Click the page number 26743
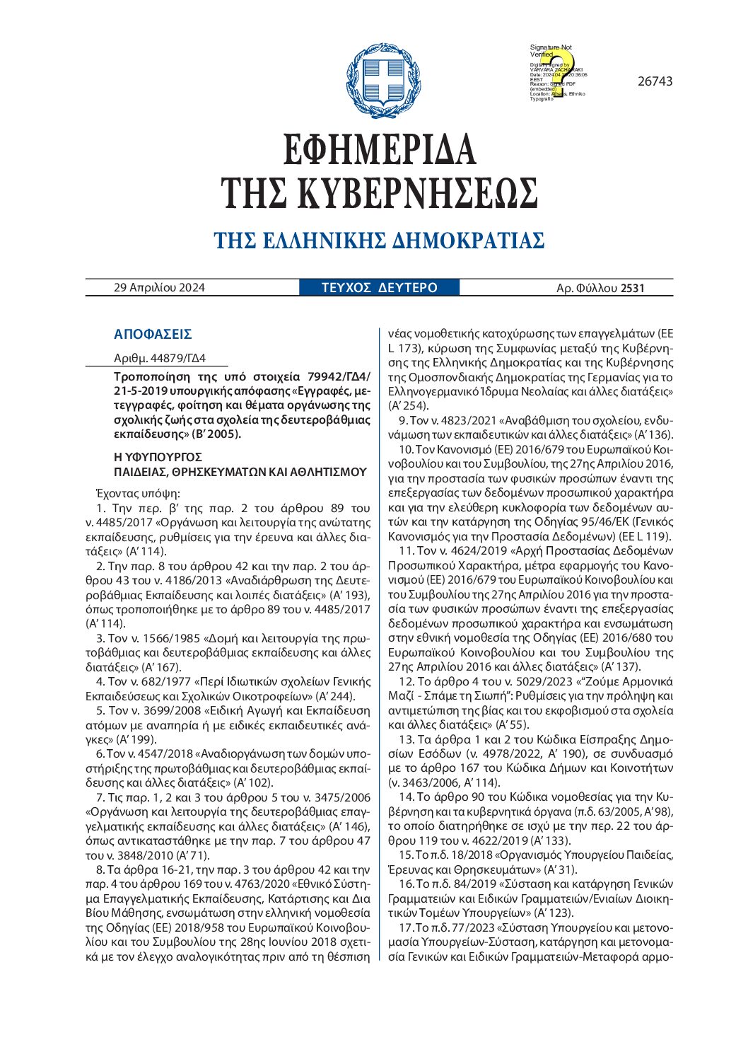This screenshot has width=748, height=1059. click(x=655, y=81)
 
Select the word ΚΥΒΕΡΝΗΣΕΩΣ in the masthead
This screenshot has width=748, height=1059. click(x=417, y=193)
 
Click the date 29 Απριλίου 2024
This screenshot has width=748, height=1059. click(x=159, y=288)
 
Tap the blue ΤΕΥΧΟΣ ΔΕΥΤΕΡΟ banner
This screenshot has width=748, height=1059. click(x=380, y=288)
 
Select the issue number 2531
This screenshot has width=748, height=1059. click(x=632, y=288)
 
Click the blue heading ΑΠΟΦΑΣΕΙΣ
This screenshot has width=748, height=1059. click(x=153, y=335)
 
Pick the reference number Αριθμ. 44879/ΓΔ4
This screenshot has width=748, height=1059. click(x=160, y=358)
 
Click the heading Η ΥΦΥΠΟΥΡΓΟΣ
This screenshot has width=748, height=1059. click(x=158, y=457)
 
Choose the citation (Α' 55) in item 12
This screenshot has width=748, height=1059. click(x=512, y=725)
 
